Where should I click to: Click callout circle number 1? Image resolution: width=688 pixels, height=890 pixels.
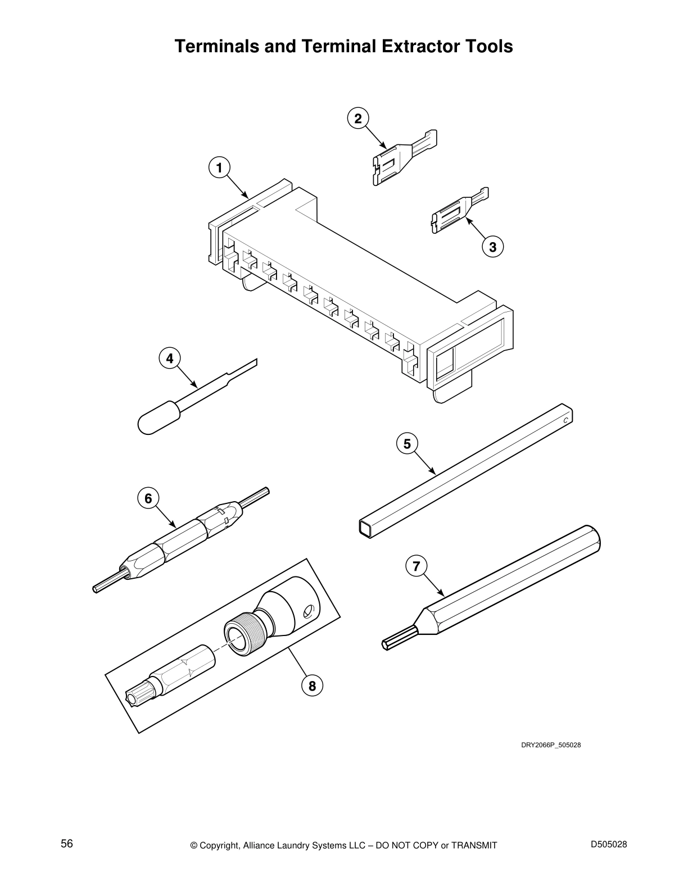coord(219,167)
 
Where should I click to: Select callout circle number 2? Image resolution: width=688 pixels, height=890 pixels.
coord(358,119)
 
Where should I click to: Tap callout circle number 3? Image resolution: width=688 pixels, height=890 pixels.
coord(492,247)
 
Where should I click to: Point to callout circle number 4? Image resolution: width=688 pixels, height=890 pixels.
coord(170,358)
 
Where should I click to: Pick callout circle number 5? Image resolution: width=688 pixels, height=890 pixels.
coord(407,444)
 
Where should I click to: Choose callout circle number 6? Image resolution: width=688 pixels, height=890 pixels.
coord(148,498)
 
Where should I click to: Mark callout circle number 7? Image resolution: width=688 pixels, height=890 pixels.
coord(416,566)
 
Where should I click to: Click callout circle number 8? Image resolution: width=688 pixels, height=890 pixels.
coord(312,685)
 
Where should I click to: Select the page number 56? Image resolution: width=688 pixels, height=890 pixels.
coord(67,843)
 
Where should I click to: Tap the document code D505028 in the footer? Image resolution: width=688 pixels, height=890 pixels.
coord(609,844)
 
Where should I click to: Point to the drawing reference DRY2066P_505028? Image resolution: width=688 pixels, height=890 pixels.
coord(550,745)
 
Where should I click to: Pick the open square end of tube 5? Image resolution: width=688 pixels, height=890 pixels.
coord(366,528)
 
